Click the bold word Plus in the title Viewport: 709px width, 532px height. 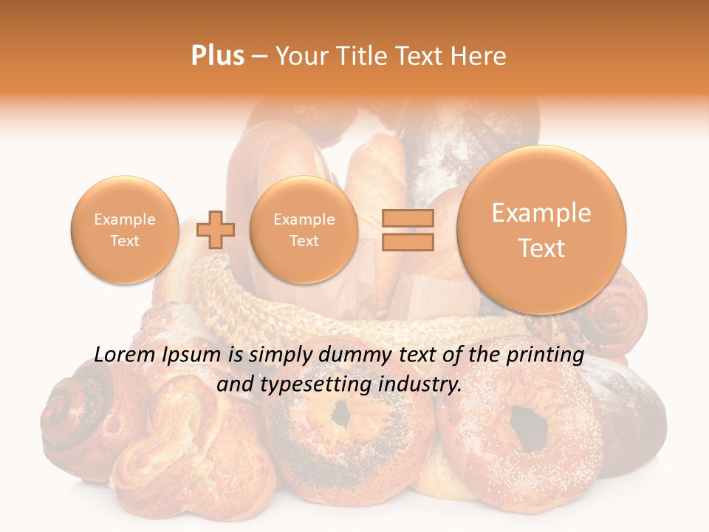click(217, 56)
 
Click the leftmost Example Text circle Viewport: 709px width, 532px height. click(124, 230)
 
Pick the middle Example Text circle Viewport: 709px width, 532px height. click(304, 230)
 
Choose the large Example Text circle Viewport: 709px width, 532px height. click(541, 230)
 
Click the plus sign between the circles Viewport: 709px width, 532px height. click(215, 229)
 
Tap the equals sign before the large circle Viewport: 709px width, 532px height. click(407, 229)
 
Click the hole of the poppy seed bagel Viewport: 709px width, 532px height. click(341, 415)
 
